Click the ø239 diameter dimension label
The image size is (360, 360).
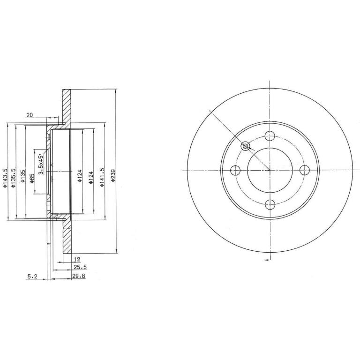click(x=113, y=176)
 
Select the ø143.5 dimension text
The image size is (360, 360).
click(x=5, y=179)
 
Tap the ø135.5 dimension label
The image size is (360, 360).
click(x=13, y=178)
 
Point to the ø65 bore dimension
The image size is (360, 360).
click(x=32, y=179)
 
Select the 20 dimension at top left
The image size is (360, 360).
click(x=30, y=115)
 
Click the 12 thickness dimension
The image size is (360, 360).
click(x=77, y=259)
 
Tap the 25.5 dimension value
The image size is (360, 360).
click(x=80, y=267)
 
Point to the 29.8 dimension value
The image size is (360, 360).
click(x=79, y=276)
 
